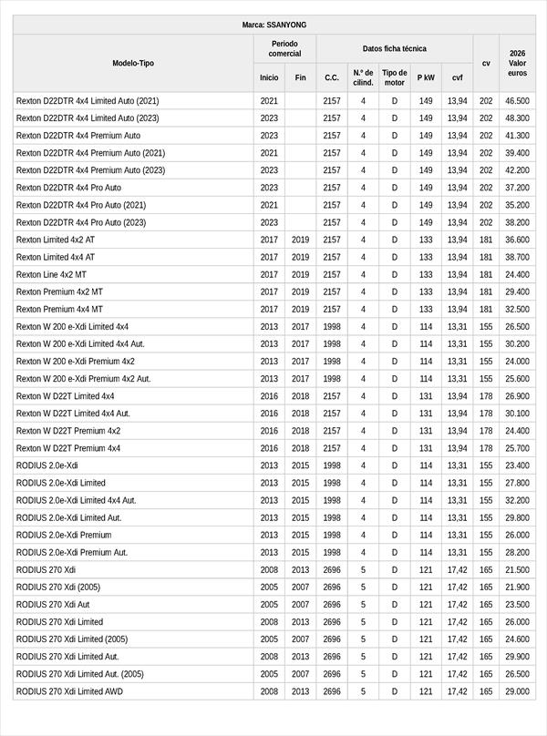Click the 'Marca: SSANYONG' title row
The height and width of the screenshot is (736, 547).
(273, 25)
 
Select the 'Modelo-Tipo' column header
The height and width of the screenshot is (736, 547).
(133, 63)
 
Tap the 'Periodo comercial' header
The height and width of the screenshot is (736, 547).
(284, 48)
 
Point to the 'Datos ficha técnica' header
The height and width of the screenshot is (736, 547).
(394, 48)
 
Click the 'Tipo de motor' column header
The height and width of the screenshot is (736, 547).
(395, 77)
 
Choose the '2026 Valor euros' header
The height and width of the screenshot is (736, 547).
(517, 63)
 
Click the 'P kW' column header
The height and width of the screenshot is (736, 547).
(426, 77)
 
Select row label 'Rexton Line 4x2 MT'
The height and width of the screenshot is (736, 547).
(52, 274)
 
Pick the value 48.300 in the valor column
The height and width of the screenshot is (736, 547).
(517, 118)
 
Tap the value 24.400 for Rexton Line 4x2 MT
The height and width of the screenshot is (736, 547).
(517, 274)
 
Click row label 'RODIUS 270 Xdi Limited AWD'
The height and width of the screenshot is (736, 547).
(69, 691)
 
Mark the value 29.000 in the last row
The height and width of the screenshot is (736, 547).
(517, 691)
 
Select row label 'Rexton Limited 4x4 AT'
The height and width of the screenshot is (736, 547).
(56, 257)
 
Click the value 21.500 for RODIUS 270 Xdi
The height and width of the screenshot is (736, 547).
(517, 569)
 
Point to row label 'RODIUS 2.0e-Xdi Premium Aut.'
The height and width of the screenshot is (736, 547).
(72, 552)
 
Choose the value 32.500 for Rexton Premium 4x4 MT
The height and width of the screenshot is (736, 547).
(517, 309)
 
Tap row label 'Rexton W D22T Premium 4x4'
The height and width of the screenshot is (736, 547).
(68, 448)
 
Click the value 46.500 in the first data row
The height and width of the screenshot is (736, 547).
(517, 101)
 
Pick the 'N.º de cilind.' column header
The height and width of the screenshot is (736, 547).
(363, 77)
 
